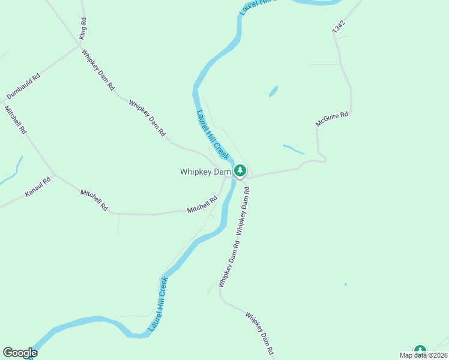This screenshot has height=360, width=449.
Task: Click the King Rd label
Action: click(x=83, y=28)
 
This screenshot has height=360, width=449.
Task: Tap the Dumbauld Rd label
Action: click(x=23, y=86)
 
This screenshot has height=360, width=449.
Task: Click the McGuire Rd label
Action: click(x=332, y=118)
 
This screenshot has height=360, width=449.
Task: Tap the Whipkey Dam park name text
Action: click(x=205, y=172)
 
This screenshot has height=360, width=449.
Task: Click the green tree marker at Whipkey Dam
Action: click(x=240, y=171)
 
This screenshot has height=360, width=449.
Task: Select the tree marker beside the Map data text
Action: click(x=420, y=350)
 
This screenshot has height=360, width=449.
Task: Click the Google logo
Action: click(x=20, y=353)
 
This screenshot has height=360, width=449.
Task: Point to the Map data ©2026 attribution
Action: click(x=424, y=355)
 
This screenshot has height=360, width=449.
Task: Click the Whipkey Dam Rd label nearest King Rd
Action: click(x=98, y=69)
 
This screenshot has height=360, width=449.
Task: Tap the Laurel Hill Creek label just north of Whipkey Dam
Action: click(x=213, y=134)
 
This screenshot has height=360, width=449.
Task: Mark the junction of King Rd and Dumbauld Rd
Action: click(x=80, y=43)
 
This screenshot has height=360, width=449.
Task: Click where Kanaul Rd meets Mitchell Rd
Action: click(x=54, y=175)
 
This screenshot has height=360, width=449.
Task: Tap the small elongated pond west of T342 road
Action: click(x=273, y=91)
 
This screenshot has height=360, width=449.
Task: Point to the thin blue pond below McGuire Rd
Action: click(x=294, y=149)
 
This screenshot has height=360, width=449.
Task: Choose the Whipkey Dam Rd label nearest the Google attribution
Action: click(x=260, y=332)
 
